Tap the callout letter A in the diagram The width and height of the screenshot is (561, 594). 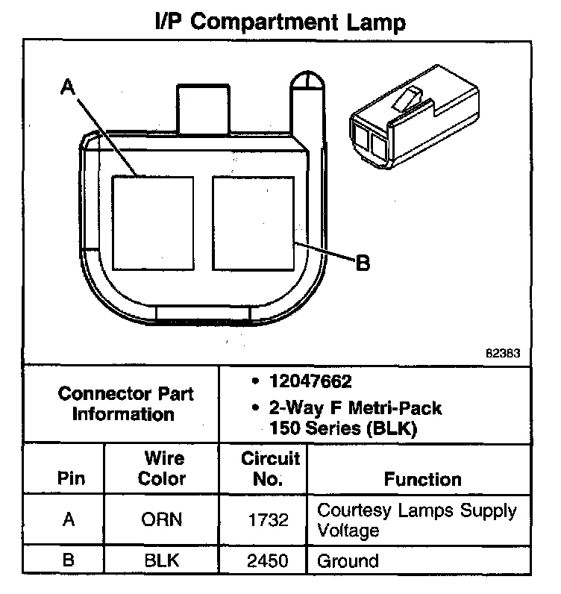tap(68, 87)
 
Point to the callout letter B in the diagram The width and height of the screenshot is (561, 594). tap(363, 263)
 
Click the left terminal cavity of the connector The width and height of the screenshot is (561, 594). tap(152, 222)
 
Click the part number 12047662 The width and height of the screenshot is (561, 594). tap(309, 381)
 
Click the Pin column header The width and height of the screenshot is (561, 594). tap(71, 478)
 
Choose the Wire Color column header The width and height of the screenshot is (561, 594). tap(163, 468)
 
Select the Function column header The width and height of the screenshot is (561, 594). tap(422, 479)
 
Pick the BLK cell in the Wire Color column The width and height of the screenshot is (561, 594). tap(163, 560)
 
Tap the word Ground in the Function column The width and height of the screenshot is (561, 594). tap(348, 560)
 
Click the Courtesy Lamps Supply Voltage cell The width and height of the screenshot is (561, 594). tap(416, 520)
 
